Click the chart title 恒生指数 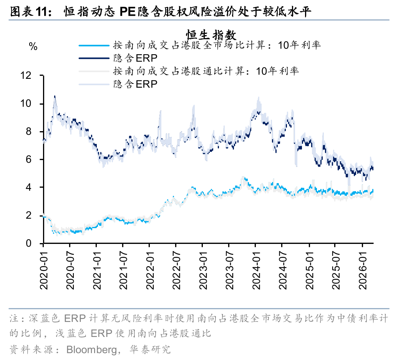coord(211,35)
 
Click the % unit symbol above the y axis coord(33,47)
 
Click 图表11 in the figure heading coord(30,12)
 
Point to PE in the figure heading coord(127,12)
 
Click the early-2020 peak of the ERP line coord(55,97)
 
